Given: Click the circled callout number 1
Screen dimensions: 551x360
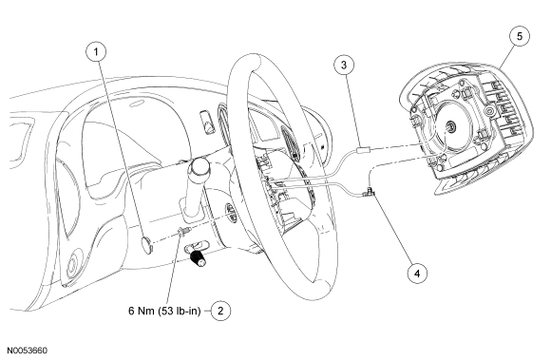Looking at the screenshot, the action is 96,52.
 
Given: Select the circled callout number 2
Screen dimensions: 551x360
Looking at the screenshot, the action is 220,311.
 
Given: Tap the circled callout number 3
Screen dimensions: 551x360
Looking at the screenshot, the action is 344,65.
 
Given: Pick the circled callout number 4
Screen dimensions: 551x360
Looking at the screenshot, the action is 417,273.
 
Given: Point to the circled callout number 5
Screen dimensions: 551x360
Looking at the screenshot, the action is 520,36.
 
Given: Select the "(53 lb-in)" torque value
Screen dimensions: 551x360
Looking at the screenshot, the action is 180,311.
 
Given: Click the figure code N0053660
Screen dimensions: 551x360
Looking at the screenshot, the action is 27,351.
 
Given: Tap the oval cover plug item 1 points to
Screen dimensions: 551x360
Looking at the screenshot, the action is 147,245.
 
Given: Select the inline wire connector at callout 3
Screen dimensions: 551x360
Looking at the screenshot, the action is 363,150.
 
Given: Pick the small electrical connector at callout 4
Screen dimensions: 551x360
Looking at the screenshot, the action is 369,192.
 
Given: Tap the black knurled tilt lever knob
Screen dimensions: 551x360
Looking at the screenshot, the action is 199,258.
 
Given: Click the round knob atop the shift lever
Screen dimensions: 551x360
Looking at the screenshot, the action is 199,166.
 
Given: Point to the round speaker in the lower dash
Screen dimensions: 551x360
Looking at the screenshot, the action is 73,263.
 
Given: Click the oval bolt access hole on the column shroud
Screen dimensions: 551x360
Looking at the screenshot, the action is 230,213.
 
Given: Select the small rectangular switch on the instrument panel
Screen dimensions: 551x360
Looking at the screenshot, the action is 207,122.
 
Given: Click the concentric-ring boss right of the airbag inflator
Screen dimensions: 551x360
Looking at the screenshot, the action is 489,112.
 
